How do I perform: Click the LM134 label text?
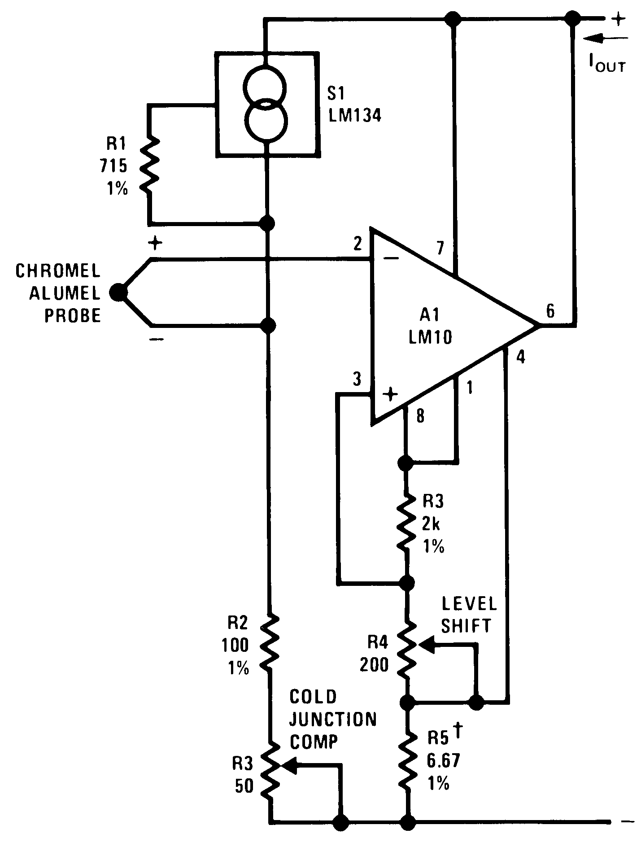pos(354,116)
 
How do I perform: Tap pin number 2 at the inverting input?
pos(357,244)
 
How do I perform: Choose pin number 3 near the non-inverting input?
pos(357,380)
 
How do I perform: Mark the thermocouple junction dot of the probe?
pos(118,292)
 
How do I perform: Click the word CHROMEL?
pos(58,271)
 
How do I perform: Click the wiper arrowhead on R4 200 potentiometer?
pos(427,645)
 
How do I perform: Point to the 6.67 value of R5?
pos(443,761)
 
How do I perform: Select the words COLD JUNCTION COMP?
pos(332,719)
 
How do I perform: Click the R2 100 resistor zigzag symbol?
pos(270,642)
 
